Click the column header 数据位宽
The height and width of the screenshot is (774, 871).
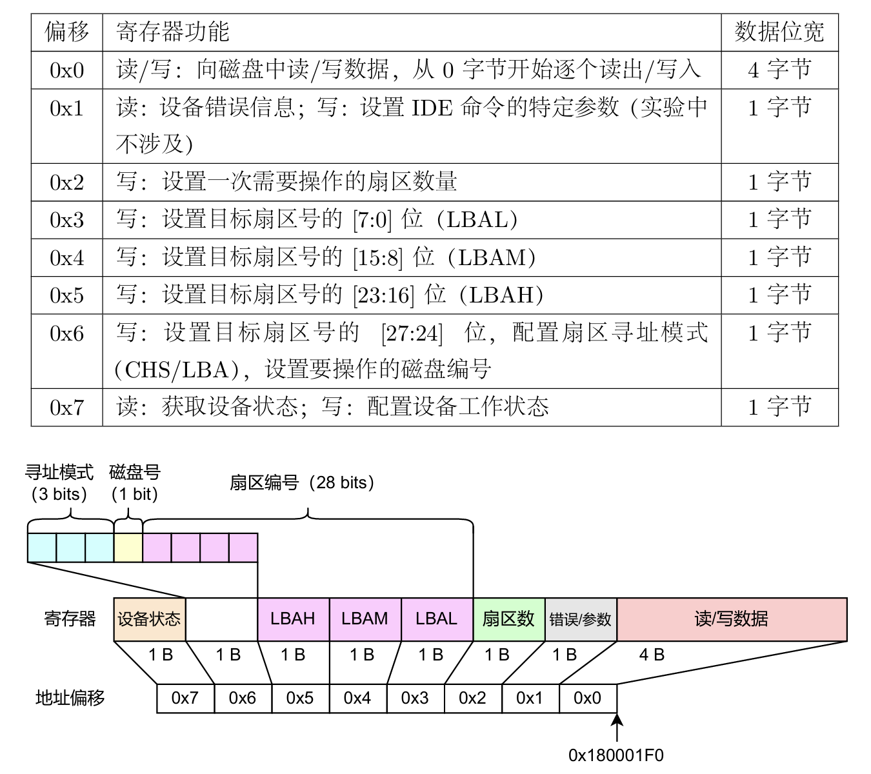coord(779,32)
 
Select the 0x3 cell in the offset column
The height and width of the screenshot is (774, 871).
coord(66,219)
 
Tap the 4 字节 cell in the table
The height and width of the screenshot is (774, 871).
coord(779,70)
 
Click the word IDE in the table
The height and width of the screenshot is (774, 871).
coord(432,108)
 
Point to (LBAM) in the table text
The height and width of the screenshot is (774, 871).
coord(492,257)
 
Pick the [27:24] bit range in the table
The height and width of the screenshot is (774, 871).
coord(412,333)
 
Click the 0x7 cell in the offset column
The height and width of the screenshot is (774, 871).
coord(66,408)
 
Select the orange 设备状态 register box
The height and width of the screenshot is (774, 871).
coord(150,619)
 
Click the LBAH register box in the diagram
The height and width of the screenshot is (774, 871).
coord(293,619)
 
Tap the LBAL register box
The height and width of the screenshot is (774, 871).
coord(437,619)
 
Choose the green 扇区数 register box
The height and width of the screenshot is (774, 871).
coord(508,619)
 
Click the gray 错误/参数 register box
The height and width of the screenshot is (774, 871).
coord(581,619)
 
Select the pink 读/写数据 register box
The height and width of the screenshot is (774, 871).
coord(732,619)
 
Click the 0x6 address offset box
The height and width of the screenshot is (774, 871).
coord(243,699)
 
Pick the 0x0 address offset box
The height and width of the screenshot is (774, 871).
coord(588,699)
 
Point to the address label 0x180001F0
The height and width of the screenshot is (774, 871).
coord(616,755)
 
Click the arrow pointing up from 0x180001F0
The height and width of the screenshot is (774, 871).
coord(617,728)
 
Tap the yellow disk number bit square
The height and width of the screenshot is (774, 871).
coord(128,548)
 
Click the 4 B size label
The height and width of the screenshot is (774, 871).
coord(652,655)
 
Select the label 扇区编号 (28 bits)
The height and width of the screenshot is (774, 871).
coord(302,482)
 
